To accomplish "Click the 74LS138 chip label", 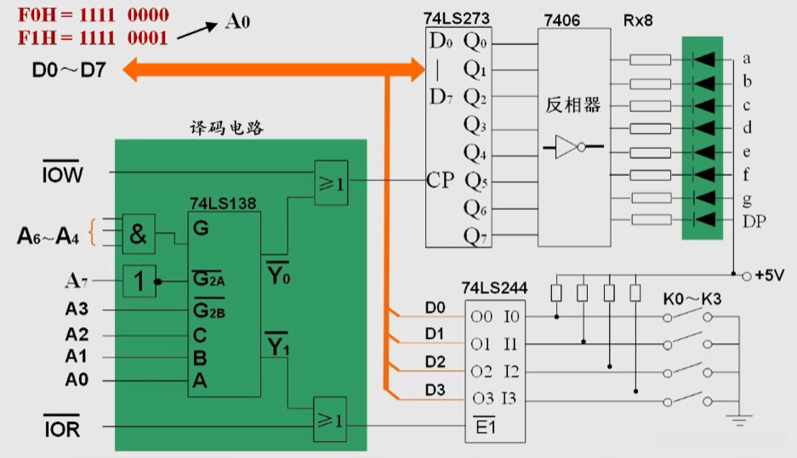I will (x=222, y=204).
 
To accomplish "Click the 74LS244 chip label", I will (x=494, y=289).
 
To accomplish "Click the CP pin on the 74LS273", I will (x=441, y=180).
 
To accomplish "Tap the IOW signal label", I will (x=63, y=175).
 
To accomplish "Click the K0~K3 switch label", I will (x=692, y=299).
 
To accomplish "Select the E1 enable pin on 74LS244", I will (x=486, y=427).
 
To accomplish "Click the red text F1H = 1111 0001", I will (x=94, y=37).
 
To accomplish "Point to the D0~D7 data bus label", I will (x=69, y=70).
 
